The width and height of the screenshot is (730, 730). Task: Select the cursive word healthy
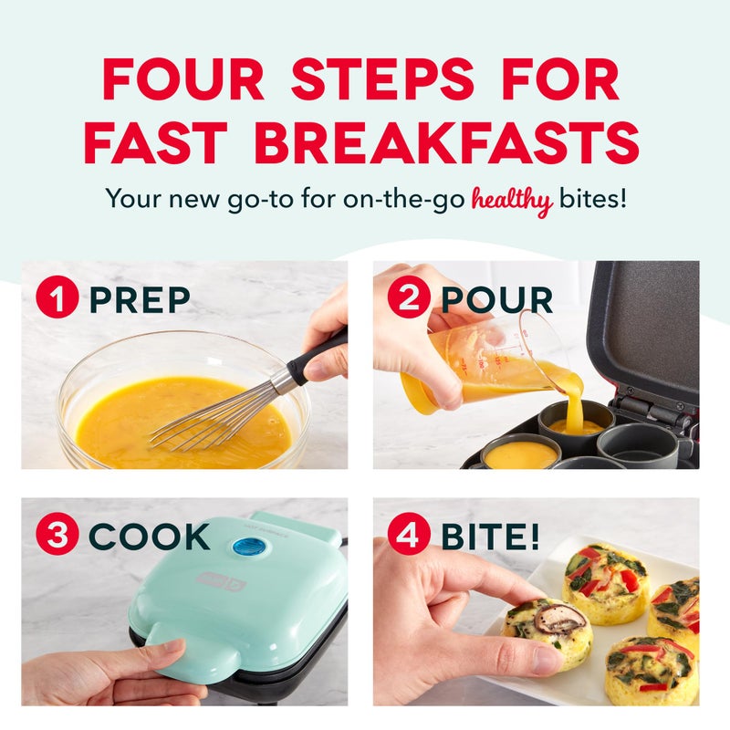coord(512,199)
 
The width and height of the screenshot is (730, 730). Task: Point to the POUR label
coord(496,298)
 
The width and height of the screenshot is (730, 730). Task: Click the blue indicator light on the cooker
coord(245,547)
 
